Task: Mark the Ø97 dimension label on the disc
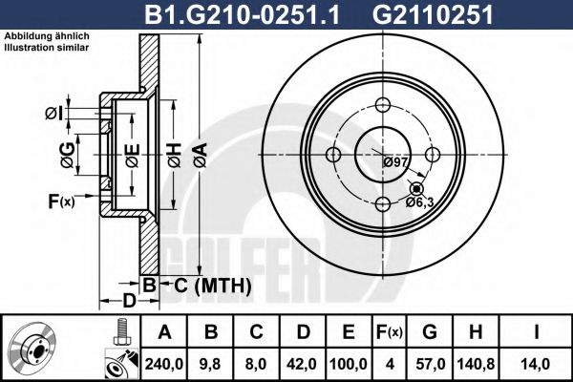(x=395, y=162)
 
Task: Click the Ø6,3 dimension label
(x=419, y=201)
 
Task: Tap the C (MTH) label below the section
(x=212, y=285)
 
